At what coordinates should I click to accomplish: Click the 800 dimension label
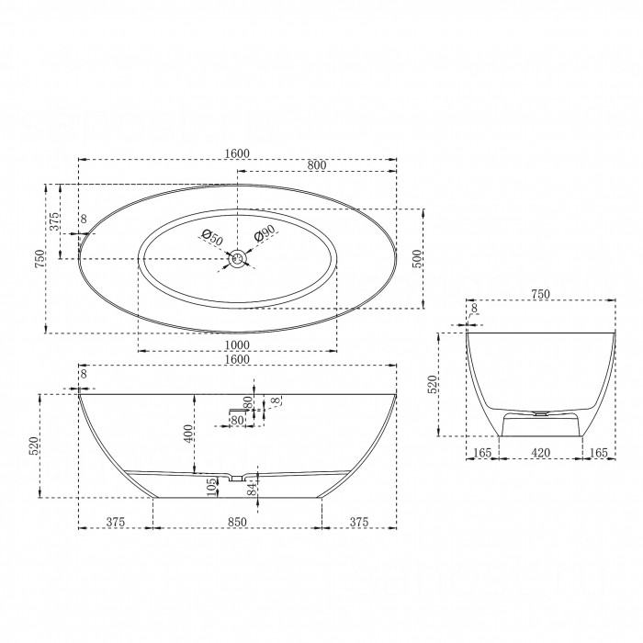317,165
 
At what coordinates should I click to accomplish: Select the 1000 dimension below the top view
237,345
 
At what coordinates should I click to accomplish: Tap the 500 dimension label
417,259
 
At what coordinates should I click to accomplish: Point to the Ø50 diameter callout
212,238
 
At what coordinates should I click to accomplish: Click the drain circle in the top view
237,259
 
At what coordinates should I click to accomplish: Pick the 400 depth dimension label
187,434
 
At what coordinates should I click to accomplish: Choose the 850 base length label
237,522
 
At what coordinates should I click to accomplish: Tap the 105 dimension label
211,487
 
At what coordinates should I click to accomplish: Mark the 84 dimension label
252,488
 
